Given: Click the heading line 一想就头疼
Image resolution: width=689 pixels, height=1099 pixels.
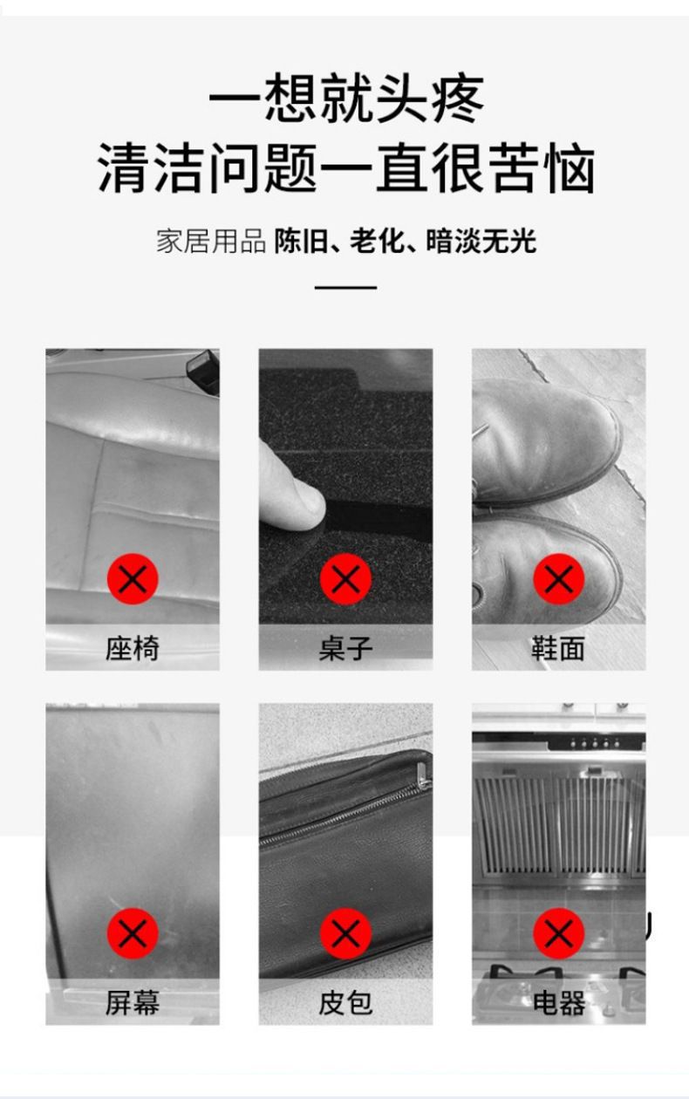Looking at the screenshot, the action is pyautogui.click(x=346, y=98).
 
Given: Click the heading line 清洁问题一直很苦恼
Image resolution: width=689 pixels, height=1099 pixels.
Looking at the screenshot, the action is pyautogui.click(x=346, y=168).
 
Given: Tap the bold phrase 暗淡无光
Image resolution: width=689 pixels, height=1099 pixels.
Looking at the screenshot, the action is pyautogui.click(x=481, y=242).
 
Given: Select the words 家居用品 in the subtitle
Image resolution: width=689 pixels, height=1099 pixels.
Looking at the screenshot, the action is pyautogui.click(x=211, y=242).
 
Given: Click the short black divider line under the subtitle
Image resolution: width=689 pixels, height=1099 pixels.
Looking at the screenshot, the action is pyautogui.click(x=345, y=287).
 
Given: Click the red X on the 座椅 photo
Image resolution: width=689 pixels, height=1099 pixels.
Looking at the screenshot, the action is pyautogui.click(x=133, y=579).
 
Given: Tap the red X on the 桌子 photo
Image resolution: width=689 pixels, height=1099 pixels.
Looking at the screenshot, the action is pyautogui.click(x=345, y=579).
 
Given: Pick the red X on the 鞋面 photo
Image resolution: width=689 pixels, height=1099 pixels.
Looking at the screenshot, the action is pyautogui.click(x=558, y=579).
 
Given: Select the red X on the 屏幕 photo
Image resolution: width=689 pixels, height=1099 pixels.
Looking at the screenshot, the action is pyautogui.click(x=133, y=933).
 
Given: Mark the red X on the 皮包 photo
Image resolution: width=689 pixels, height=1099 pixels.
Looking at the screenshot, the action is pyautogui.click(x=345, y=933).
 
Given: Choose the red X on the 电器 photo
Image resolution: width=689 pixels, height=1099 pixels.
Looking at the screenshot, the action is pyautogui.click(x=558, y=933).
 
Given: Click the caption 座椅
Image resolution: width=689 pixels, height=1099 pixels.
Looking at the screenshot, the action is pyautogui.click(x=133, y=648).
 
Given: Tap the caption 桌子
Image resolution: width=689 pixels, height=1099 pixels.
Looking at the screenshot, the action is pyautogui.click(x=345, y=648).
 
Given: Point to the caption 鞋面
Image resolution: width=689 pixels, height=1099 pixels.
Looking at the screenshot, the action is pyautogui.click(x=558, y=648).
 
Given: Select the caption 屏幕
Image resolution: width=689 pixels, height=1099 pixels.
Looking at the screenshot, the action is pyautogui.click(x=133, y=1002).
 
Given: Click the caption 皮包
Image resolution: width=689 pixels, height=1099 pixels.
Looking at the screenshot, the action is pyautogui.click(x=345, y=1002).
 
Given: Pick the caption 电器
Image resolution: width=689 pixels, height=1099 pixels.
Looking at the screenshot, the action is pyautogui.click(x=558, y=1002).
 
